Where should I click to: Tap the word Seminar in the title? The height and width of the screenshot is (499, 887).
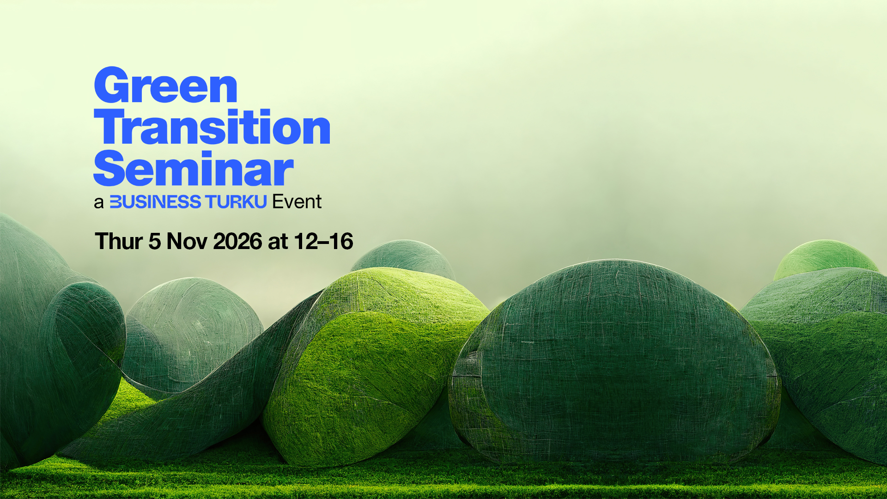point(194,168)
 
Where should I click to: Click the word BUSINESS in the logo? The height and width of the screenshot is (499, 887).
point(155,202)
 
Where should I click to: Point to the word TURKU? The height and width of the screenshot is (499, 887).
point(236,202)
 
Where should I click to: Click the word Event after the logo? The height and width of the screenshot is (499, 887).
point(297,202)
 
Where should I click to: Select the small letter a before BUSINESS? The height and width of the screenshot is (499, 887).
point(98,203)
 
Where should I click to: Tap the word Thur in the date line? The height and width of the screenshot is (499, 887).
point(119,241)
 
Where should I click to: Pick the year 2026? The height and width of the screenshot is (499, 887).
point(237,242)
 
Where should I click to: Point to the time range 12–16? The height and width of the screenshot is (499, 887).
point(323,242)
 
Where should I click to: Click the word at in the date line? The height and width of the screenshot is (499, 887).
point(278,243)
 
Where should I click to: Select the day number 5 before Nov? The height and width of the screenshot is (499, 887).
point(154,242)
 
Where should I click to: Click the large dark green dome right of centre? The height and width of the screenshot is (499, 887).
point(614,360)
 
